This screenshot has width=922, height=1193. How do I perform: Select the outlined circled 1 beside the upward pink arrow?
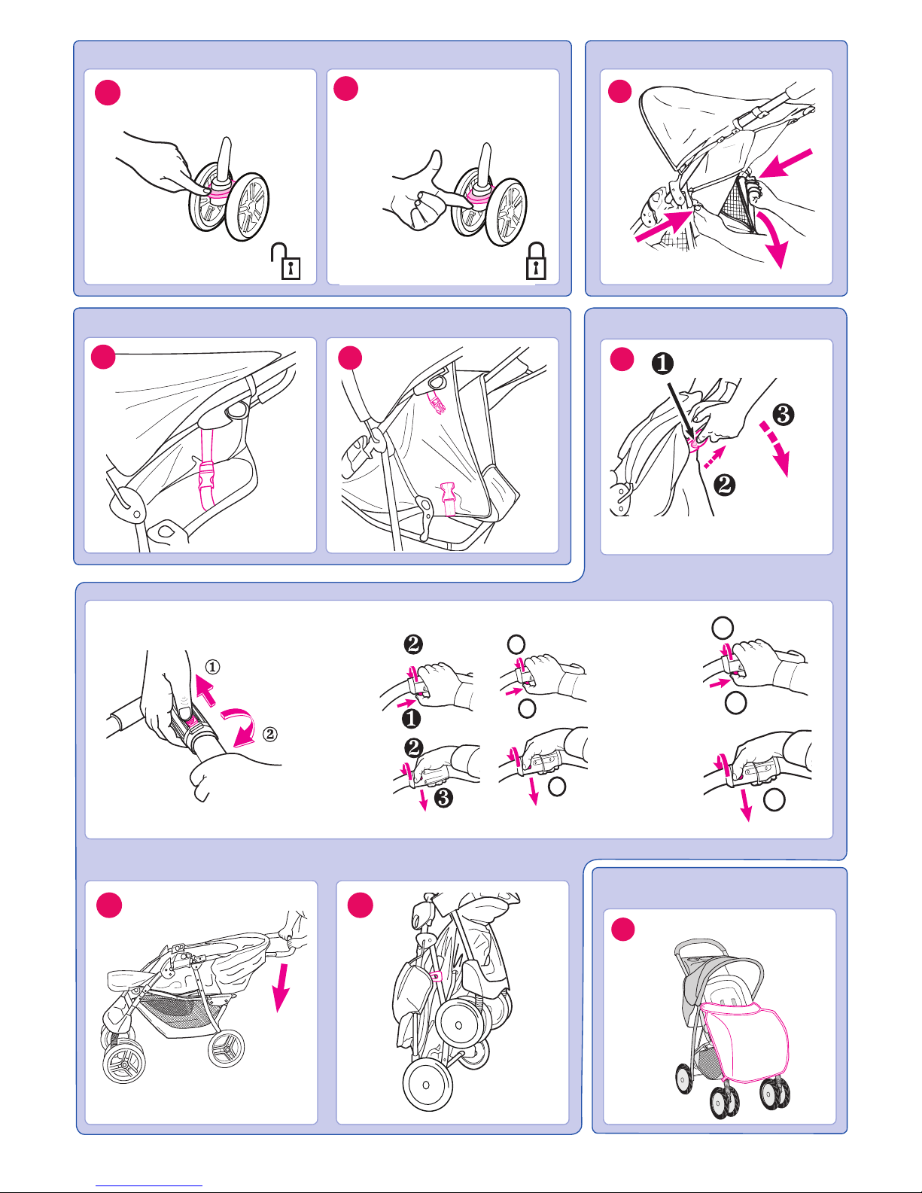click(212, 667)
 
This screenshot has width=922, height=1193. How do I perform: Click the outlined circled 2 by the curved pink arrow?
click(270, 734)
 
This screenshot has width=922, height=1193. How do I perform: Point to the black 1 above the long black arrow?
click(662, 363)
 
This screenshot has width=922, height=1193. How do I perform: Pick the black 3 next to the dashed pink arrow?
click(784, 415)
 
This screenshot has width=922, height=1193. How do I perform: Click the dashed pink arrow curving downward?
click(777, 447)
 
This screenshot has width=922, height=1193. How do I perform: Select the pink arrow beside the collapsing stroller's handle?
click(281, 988)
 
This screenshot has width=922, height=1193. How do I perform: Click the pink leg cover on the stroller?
click(745, 1040)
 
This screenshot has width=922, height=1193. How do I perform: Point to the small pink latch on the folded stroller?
click(437, 975)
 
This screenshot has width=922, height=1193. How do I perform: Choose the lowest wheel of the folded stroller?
click(428, 1085)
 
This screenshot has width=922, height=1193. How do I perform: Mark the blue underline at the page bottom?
click(149, 1186)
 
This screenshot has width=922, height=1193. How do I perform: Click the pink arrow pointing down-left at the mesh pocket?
click(785, 163)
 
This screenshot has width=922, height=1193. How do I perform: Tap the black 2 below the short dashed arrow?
click(724, 485)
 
